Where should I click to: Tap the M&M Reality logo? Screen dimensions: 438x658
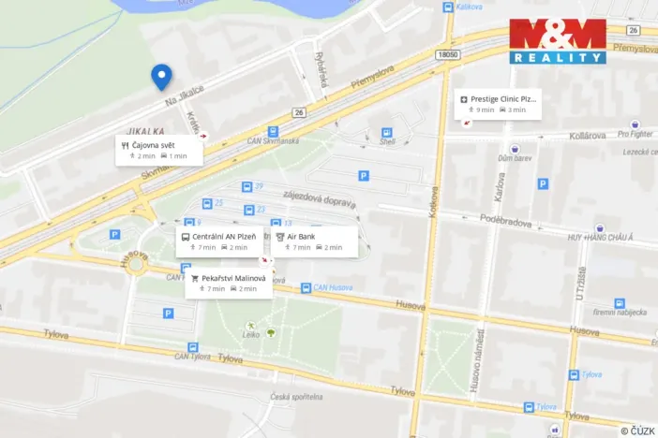click(x=558, y=41)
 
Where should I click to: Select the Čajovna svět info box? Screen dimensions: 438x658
click(x=158, y=151)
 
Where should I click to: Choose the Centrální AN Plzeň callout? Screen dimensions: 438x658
click(x=218, y=241)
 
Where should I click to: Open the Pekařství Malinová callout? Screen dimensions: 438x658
click(x=229, y=283)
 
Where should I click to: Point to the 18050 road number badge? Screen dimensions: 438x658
click(x=448, y=55)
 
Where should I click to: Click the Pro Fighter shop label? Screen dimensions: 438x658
click(x=635, y=134)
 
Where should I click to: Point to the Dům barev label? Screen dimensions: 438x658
click(x=515, y=159)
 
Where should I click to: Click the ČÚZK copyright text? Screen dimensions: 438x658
click(x=637, y=430)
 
